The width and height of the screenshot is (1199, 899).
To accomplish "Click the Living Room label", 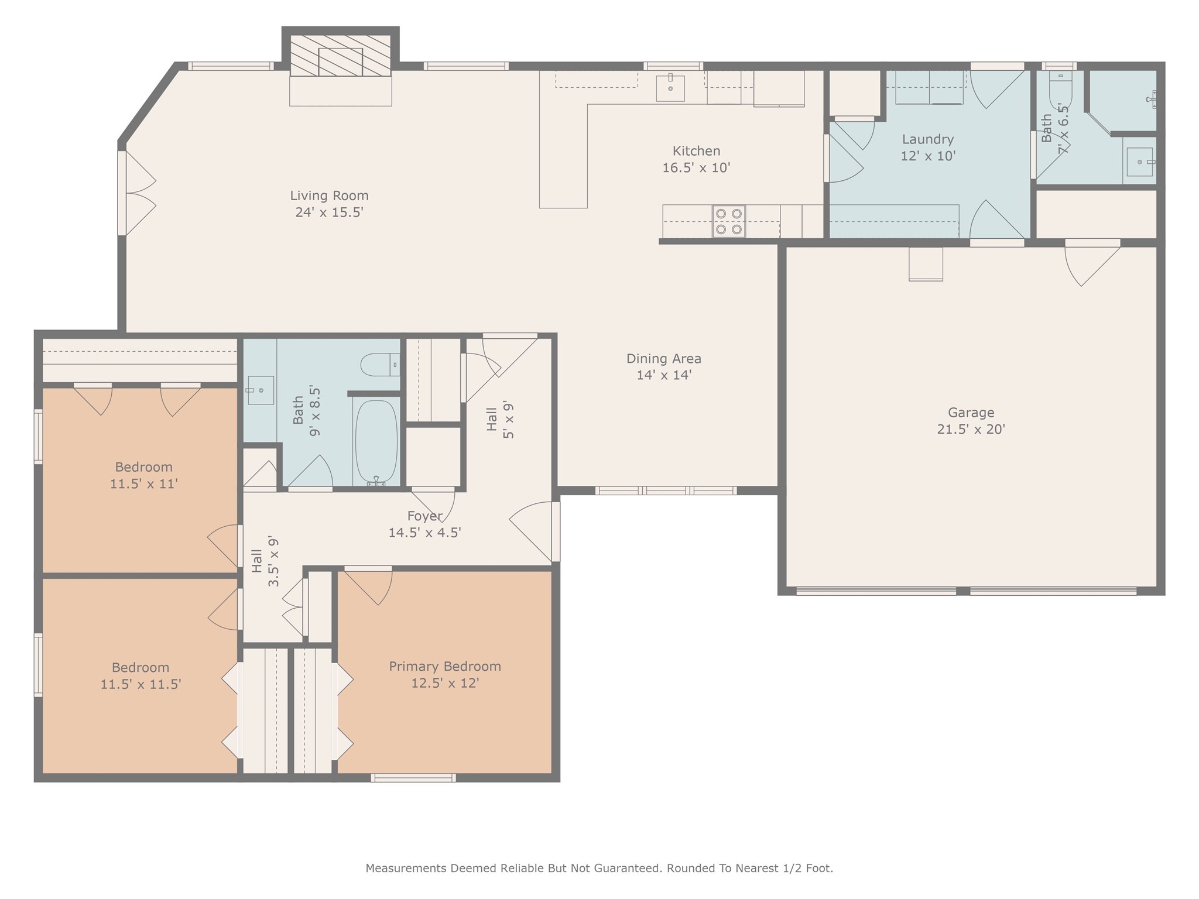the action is click(x=329, y=195).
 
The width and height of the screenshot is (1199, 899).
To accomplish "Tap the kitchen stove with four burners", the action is click(x=729, y=222).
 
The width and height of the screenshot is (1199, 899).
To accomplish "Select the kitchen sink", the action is click(x=670, y=88).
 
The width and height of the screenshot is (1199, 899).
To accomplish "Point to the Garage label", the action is click(x=971, y=413).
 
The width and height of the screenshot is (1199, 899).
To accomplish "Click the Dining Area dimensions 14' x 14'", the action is click(x=664, y=375).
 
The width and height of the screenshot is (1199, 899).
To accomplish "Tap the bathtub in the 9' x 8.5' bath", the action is click(x=376, y=442).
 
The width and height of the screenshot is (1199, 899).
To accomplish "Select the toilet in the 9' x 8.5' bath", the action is click(x=380, y=365).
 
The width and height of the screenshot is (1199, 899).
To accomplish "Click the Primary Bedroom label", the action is click(x=445, y=667).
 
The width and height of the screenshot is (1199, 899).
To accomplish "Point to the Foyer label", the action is click(x=424, y=516).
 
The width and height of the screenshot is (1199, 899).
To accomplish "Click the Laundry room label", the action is click(x=928, y=139).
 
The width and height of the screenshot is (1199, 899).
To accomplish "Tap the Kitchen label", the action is click(x=696, y=151).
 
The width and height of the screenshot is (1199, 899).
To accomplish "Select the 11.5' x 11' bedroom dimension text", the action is click(x=144, y=484).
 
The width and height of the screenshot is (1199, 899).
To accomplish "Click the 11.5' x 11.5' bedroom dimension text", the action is click(x=141, y=684).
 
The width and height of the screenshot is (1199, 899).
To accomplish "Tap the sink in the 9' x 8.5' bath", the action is click(x=261, y=390).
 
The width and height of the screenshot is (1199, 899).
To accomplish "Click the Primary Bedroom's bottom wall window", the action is click(x=413, y=778).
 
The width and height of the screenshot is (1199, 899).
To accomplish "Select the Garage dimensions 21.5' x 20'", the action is click(x=971, y=429).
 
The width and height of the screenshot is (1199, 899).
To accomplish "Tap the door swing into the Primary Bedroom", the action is click(x=369, y=587).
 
